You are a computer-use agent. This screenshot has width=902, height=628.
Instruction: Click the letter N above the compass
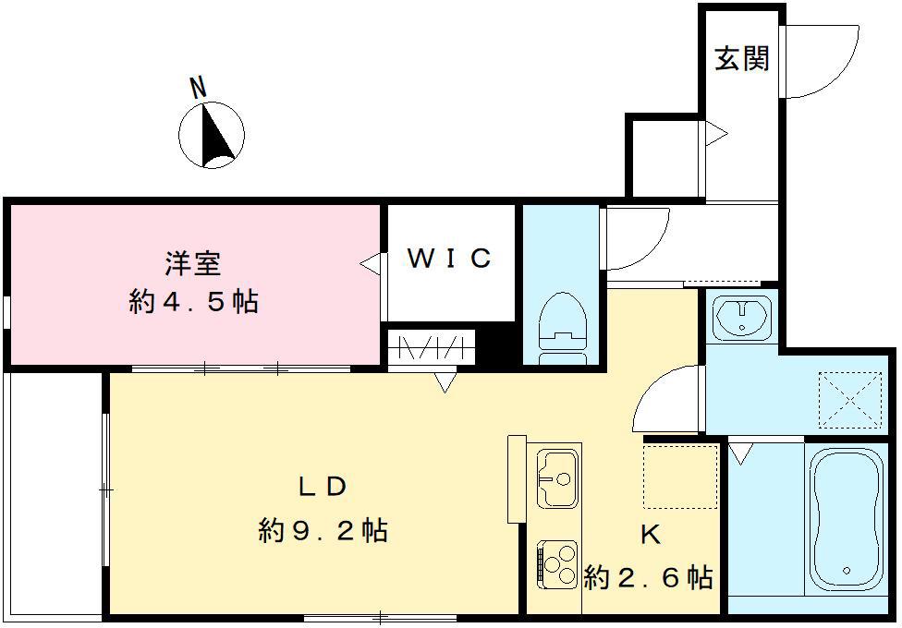tap(197, 88)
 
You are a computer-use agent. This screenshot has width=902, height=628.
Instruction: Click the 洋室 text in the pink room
tap(193, 264)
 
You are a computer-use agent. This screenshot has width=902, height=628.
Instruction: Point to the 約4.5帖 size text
tap(193, 302)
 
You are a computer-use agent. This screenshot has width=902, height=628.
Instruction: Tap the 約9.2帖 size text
tap(323, 531)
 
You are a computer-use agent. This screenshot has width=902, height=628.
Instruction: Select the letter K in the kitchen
tap(650, 537)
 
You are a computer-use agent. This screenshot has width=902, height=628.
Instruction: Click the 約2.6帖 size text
tap(649, 578)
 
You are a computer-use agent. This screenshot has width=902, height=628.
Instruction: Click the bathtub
tap(844, 520)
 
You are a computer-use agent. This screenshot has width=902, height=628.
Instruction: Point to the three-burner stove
tap(556, 563)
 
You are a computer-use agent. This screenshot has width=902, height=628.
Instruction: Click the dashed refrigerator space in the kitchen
tap(681, 476)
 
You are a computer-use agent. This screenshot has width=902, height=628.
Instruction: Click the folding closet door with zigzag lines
tap(431, 349)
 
